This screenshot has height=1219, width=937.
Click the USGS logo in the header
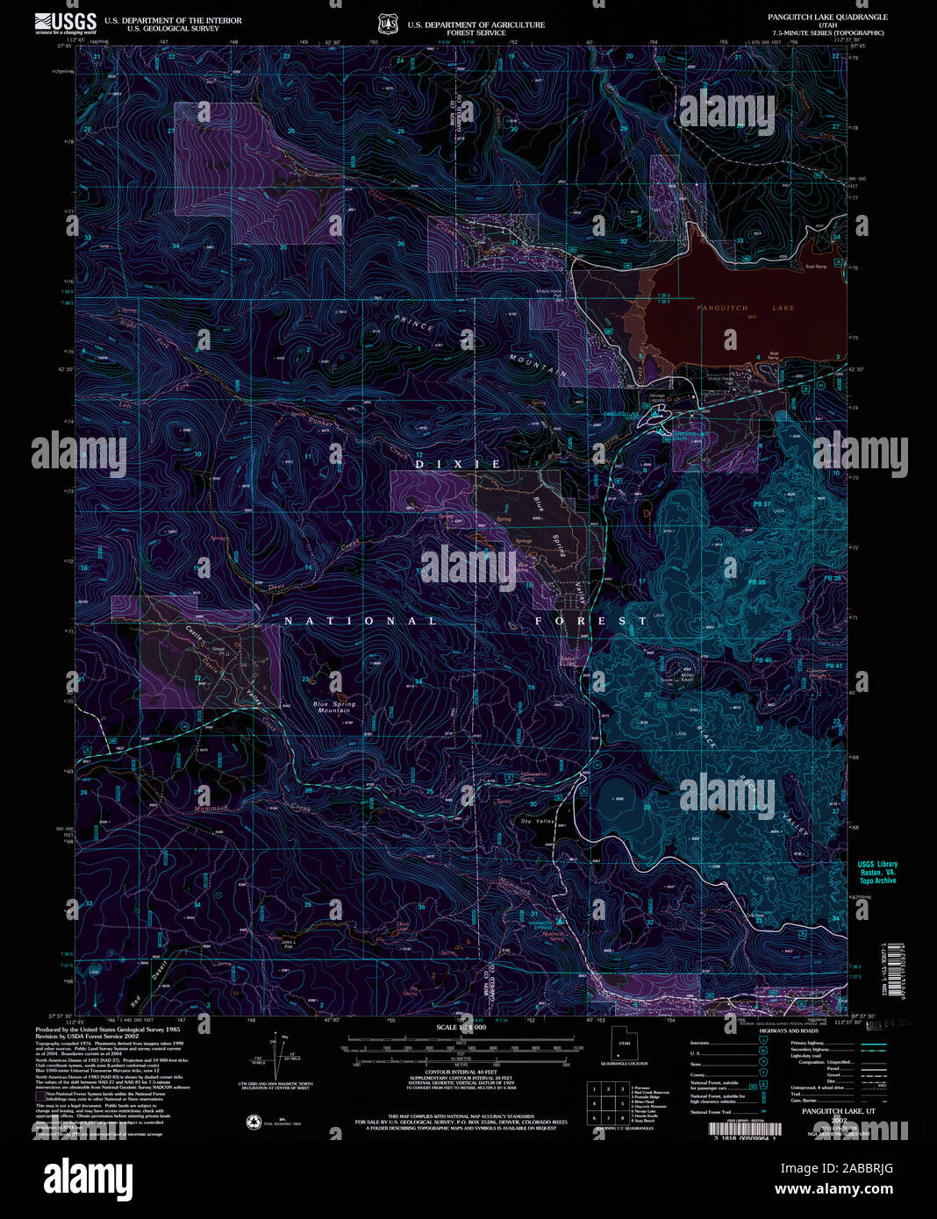click(x=66, y=22)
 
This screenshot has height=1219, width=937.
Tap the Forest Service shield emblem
click(x=388, y=24)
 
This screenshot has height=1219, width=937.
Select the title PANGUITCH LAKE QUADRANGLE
click(x=827, y=17)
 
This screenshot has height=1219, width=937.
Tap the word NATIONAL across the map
click(x=361, y=621)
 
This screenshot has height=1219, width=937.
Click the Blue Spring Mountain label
click(x=334, y=706)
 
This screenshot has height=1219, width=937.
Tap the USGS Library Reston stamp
click(x=877, y=872)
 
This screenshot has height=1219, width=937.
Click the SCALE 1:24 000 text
click(x=461, y=1026)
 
